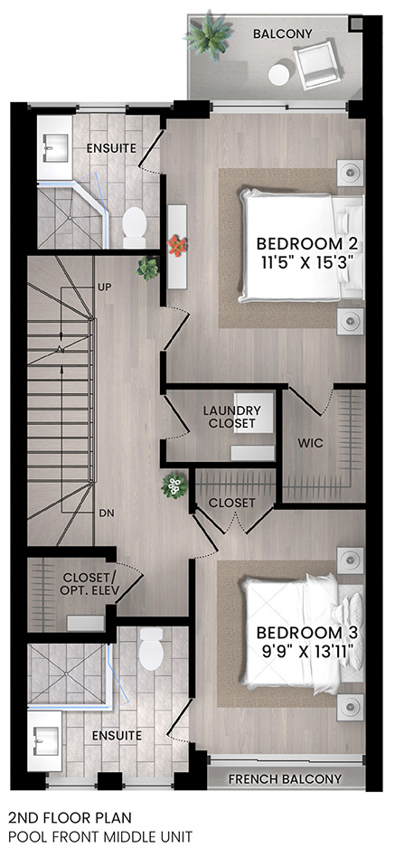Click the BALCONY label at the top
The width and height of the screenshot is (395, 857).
pyautogui.click(x=282, y=33)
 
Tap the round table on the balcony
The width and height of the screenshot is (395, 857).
pyautogui.click(x=279, y=75)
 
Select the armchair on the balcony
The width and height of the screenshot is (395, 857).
pyautogui.click(x=317, y=63)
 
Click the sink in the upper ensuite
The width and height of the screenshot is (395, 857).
pyautogui.click(x=54, y=146)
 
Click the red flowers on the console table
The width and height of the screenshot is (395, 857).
pyautogui.click(x=177, y=245)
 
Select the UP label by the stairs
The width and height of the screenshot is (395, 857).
pyautogui.click(x=104, y=287)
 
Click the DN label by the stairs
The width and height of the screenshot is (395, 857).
pyautogui.click(x=106, y=513)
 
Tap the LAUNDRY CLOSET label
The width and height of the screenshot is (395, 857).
pyautogui.click(x=231, y=417)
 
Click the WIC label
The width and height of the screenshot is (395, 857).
pyautogui.click(x=311, y=443)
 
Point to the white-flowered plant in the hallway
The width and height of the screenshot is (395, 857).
pyautogui.click(x=174, y=485)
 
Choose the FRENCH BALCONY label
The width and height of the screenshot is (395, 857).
pyautogui.click(x=285, y=779)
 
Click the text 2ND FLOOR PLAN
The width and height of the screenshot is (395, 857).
pyautogui.click(x=70, y=817)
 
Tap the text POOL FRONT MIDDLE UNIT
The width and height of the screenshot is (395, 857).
pyautogui.click(x=100, y=836)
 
